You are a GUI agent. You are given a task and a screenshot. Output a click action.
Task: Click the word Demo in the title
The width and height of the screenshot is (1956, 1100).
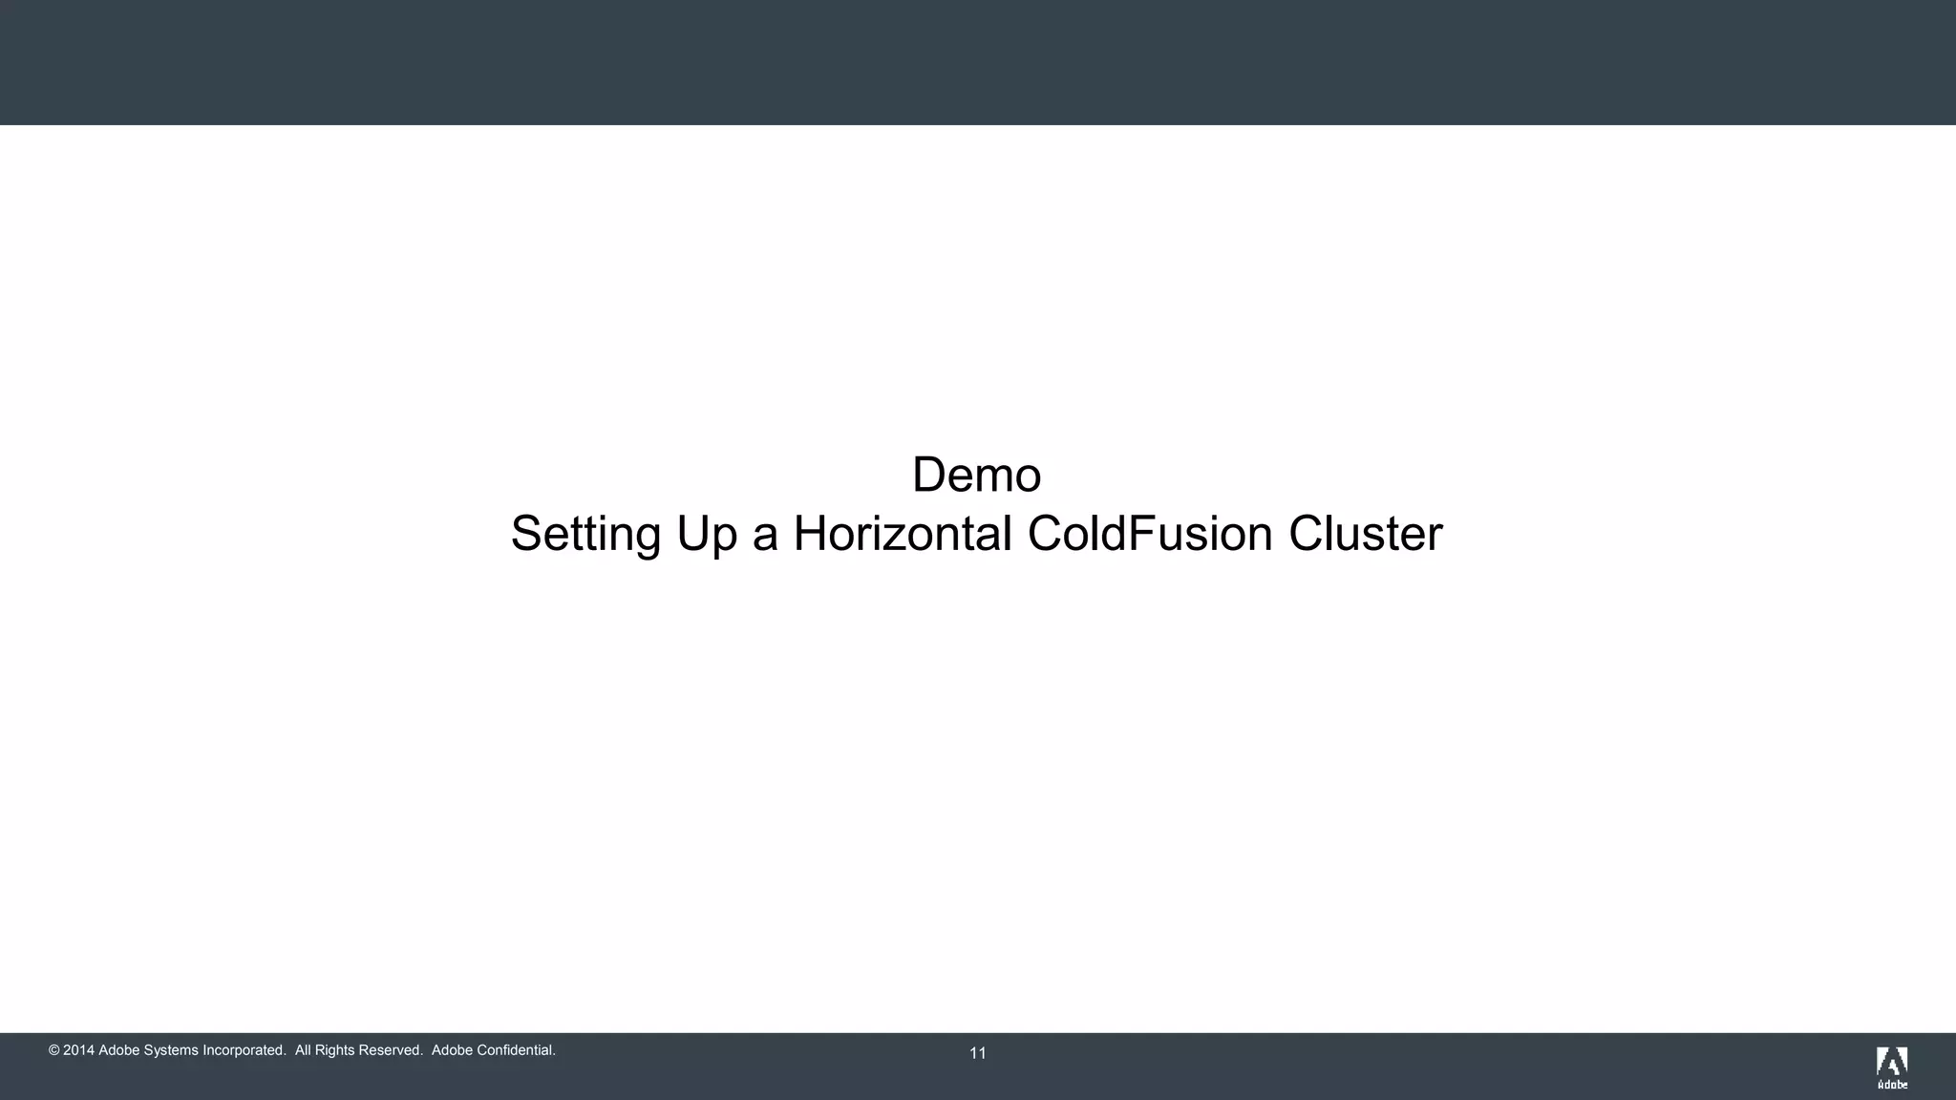(x=976, y=475)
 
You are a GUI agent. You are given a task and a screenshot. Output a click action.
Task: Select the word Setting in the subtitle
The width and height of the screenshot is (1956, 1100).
(x=585, y=534)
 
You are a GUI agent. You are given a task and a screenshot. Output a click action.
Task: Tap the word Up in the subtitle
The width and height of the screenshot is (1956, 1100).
(x=707, y=534)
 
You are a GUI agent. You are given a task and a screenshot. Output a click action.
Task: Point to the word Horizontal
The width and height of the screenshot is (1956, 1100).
(x=903, y=533)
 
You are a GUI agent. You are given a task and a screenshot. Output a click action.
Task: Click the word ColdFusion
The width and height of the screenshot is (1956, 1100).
(x=1150, y=533)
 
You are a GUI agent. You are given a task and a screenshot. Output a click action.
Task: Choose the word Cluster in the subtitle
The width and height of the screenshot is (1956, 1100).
(x=1365, y=533)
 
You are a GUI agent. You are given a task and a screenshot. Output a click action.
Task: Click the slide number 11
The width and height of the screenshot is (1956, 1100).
(x=978, y=1053)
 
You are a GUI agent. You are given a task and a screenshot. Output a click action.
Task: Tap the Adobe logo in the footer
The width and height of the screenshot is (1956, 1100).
(x=1892, y=1068)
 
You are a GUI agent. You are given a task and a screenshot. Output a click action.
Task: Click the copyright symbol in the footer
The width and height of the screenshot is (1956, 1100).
(x=53, y=1050)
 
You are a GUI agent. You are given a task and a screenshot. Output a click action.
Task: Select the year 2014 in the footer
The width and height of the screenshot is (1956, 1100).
(x=78, y=1050)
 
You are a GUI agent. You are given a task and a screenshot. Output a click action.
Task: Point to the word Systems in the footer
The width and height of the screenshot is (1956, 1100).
(x=171, y=1050)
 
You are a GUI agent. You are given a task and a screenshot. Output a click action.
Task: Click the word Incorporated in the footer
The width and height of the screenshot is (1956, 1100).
(x=244, y=1050)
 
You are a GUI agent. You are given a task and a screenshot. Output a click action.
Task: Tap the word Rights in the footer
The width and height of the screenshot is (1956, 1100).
(x=334, y=1050)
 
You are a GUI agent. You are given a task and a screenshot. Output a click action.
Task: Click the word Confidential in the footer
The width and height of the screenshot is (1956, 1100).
(x=515, y=1050)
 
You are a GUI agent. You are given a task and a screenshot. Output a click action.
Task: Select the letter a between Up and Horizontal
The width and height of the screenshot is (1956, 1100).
(x=764, y=536)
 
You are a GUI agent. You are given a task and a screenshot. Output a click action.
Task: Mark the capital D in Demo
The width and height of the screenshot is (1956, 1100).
(x=928, y=475)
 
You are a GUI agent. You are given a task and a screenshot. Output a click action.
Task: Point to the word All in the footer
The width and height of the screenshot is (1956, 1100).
(x=304, y=1050)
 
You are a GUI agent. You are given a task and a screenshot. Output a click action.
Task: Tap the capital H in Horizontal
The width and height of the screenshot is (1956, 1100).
(x=809, y=533)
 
